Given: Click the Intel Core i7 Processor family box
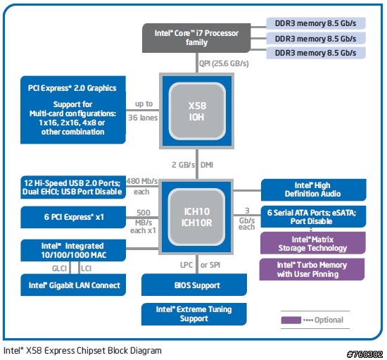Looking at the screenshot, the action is [x=196, y=38].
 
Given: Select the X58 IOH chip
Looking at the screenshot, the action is [x=197, y=111].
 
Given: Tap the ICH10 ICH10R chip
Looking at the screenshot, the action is [x=196, y=217].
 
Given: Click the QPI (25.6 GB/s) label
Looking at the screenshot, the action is [x=224, y=63].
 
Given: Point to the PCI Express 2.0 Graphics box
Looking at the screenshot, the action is [x=73, y=110].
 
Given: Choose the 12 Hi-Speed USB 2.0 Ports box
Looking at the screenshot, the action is [x=73, y=187].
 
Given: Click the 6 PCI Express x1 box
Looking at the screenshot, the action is [x=73, y=217].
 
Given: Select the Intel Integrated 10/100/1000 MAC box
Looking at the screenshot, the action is [x=73, y=250].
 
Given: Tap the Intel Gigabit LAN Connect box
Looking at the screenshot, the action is [x=73, y=285].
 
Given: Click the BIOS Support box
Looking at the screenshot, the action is [x=194, y=285].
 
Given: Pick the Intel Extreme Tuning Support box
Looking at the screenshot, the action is [x=194, y=314].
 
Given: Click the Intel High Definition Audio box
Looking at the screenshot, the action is [x=313, y=190].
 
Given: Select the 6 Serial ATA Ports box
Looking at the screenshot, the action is [x=313, y=217].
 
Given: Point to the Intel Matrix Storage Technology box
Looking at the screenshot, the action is [x=313, y=243].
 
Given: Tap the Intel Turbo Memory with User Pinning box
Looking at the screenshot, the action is [x=312, y=269].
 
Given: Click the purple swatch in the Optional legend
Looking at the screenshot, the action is [x=291, y=320].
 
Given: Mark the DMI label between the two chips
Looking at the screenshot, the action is [x=207, y=165].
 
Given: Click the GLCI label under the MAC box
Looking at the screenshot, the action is [x=59, y=268].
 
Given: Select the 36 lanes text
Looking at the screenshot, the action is [x=143, y=118].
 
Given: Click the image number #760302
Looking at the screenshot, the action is [x=364, y=354].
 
